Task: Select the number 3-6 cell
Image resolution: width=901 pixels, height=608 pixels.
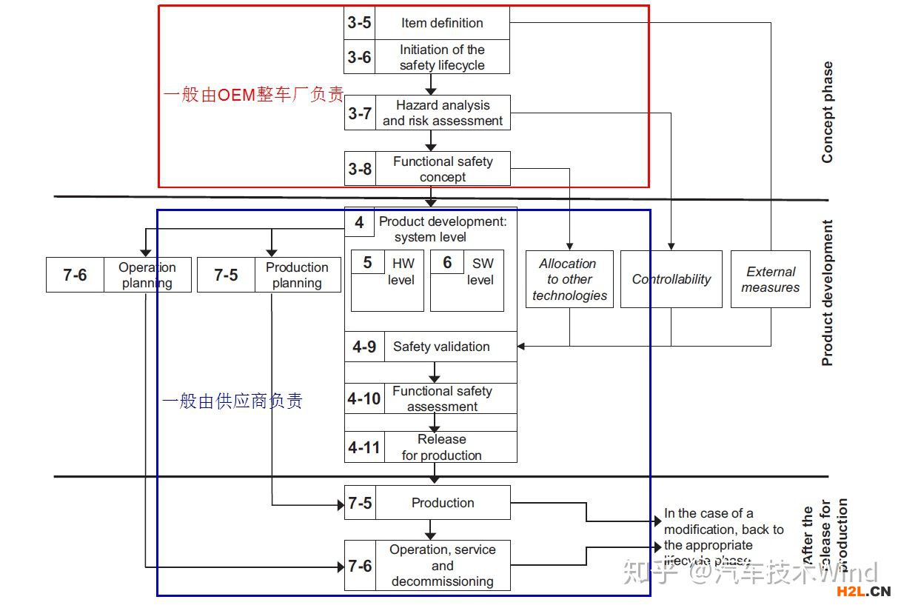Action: tap(360, 57)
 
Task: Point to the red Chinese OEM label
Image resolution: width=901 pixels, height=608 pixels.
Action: tap(253, 95)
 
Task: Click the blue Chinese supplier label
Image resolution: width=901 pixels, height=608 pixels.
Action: tap(232, 401)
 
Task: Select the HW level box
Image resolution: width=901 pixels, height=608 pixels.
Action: tap(387, 280)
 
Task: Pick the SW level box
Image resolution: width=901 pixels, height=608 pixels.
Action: tap(467, 280)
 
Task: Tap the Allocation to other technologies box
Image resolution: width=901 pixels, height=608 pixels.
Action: tap(569, 279)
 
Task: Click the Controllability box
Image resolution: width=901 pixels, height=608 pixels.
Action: tap(671, 279)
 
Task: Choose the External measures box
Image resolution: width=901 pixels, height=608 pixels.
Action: tap(771, 279)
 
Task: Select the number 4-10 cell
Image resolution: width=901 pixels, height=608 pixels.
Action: tap(364, 398)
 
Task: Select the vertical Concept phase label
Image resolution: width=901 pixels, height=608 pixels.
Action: tap(827, 112)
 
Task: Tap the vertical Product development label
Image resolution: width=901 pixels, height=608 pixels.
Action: tap(827, 293)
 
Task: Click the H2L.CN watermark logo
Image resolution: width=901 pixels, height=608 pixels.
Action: tap(863, 591)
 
